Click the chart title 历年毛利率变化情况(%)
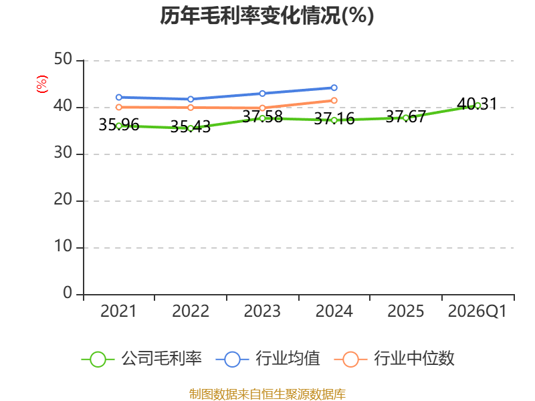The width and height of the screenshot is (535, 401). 267,15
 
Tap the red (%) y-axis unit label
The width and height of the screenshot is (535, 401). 42,84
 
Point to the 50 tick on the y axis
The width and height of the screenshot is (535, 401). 63,59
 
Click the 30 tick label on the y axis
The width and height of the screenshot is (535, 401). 63,153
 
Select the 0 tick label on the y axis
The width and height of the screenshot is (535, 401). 68,293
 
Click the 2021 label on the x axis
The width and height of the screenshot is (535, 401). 118,311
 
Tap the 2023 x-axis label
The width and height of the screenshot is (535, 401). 262,311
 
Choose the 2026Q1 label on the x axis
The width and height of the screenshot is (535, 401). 477,311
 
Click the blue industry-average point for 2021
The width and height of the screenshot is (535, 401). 119,97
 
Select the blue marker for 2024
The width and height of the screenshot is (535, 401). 334,88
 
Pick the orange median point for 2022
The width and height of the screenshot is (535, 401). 191,108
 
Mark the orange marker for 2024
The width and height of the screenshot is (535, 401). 334,100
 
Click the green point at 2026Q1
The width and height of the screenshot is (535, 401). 477,106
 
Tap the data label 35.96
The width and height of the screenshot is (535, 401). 119,125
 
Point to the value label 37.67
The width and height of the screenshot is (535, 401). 406,117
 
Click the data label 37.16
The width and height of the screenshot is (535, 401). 334,119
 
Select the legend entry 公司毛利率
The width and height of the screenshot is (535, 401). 142,359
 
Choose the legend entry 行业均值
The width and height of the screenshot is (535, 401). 268,359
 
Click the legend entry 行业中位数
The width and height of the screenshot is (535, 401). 394,359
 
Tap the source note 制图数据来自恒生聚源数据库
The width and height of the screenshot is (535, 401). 267,394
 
